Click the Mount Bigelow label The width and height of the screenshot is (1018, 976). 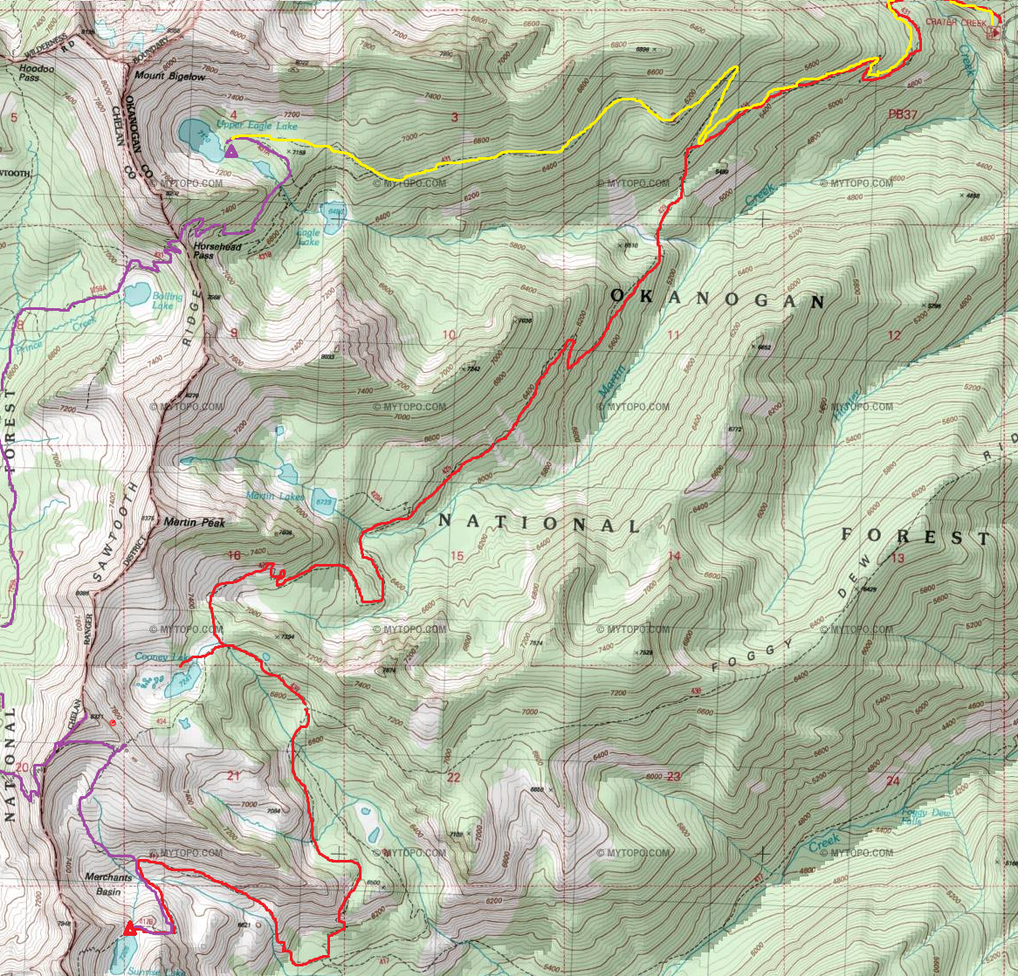click(x=169, y=77)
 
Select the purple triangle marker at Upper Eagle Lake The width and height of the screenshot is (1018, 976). click(x=231, y=152)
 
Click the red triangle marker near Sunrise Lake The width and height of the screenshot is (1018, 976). click(x=131, y=928)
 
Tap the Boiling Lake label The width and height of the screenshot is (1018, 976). click(x=167, y=301)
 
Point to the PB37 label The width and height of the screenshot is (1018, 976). click(x=904, y=114)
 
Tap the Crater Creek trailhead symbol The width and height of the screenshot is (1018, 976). click(x=993, y=33)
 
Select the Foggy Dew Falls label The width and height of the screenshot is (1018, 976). click(x=922, y=817)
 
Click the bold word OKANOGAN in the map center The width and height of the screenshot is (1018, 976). click(x=717, y=299)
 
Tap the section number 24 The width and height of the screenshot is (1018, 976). click(x=892, y=780)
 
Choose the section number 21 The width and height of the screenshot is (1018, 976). click(x=232, y=775)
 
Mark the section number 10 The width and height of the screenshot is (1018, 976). click(x=450, y=335)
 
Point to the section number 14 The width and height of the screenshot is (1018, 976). click(x=673, y=556)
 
